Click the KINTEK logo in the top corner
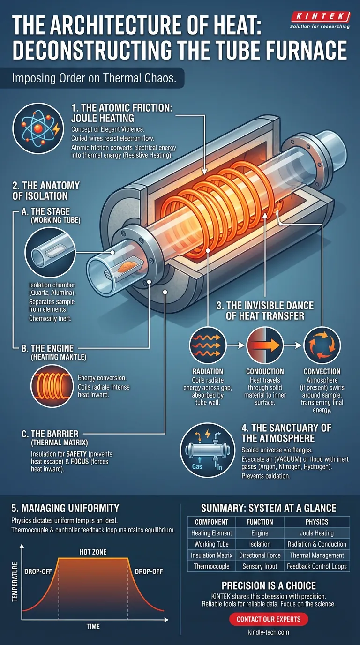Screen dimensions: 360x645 [x=320, y=20]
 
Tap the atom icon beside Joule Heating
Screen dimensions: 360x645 [x=38, y=128]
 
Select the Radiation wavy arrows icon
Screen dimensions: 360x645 [x=208, y=345]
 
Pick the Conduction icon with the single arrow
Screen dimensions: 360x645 [x=265, y=345]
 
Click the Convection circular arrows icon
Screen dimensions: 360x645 [x=322, y=345]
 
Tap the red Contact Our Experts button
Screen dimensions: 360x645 [x=269, y=619]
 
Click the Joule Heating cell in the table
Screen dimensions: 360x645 [x=317, y=533]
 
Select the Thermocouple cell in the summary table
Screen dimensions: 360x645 [x=212, y=566]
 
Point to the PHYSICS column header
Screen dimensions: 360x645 [x=317, y=522]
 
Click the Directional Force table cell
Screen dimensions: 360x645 [x=260, y=555]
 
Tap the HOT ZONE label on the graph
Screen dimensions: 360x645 [x=93, y=552]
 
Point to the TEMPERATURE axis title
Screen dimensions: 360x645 [x=15, y=582]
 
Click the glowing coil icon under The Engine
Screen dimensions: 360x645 [x=52, y=386]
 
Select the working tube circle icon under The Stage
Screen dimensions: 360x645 [x=50, y=252]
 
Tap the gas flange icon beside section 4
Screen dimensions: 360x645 [x=208, y=450]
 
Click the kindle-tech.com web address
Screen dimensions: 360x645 [x=269, y=632]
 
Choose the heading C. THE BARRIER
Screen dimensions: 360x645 [x=50, y=434]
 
